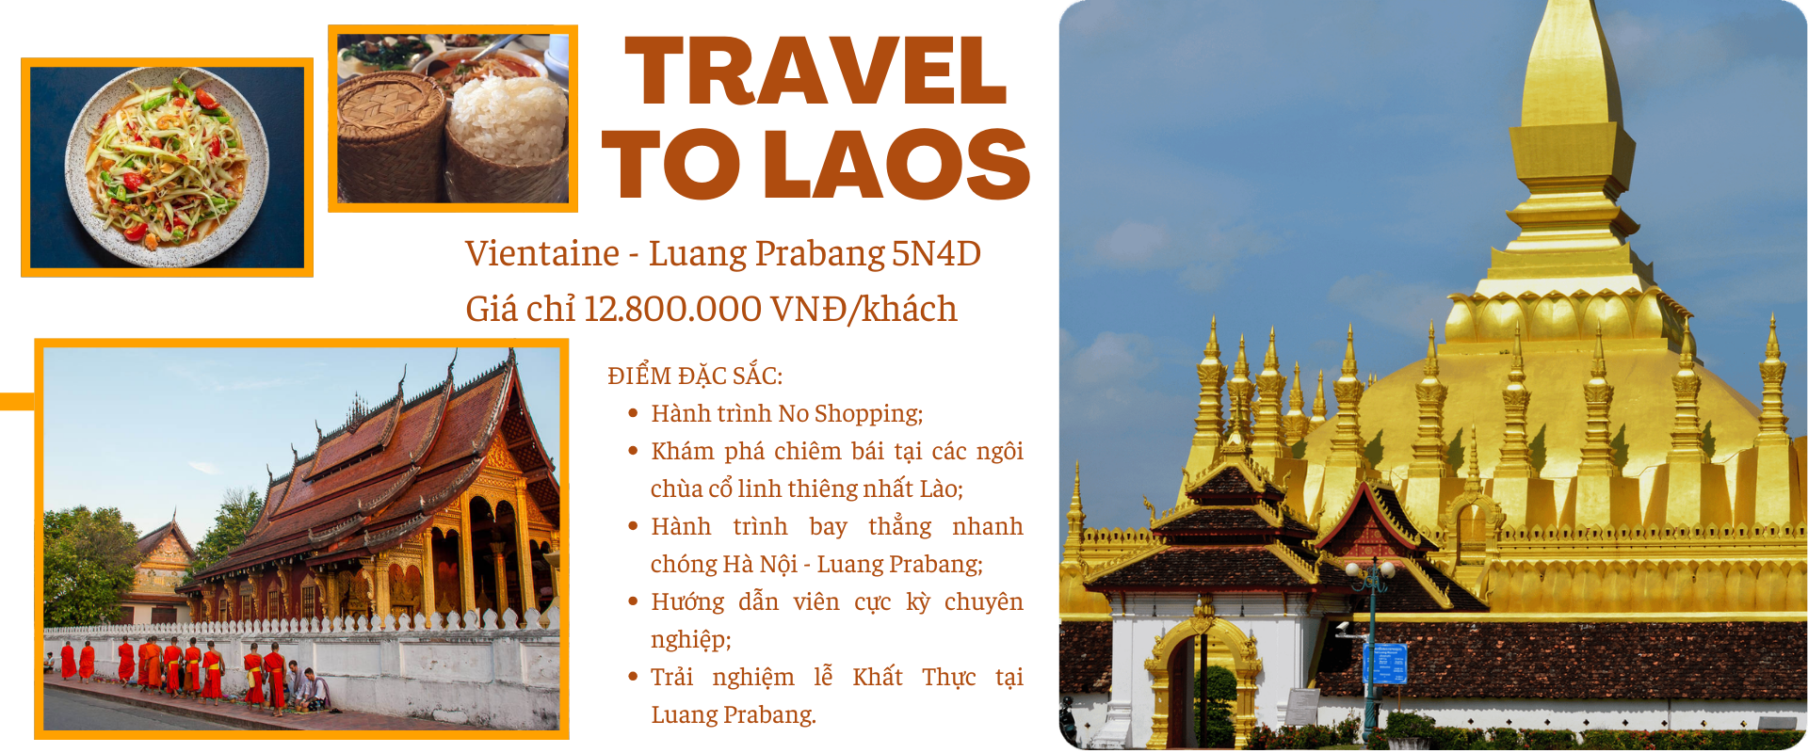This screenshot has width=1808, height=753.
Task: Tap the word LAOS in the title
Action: (897, 165)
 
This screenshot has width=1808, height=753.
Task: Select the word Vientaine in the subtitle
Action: (542, 253)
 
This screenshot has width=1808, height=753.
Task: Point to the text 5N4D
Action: (936, 253)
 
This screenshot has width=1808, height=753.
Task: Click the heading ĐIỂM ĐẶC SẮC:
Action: (695, 376)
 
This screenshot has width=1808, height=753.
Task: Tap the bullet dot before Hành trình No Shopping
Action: (633, 412)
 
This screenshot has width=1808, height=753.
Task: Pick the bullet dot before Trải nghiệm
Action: (633, 676)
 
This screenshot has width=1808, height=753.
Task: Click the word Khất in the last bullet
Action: (877, 677)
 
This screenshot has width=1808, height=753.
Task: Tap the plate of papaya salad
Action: (167, 168)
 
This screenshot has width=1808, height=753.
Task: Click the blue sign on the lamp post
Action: (1384, 663)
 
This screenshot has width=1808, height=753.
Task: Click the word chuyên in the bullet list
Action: (983, 602)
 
